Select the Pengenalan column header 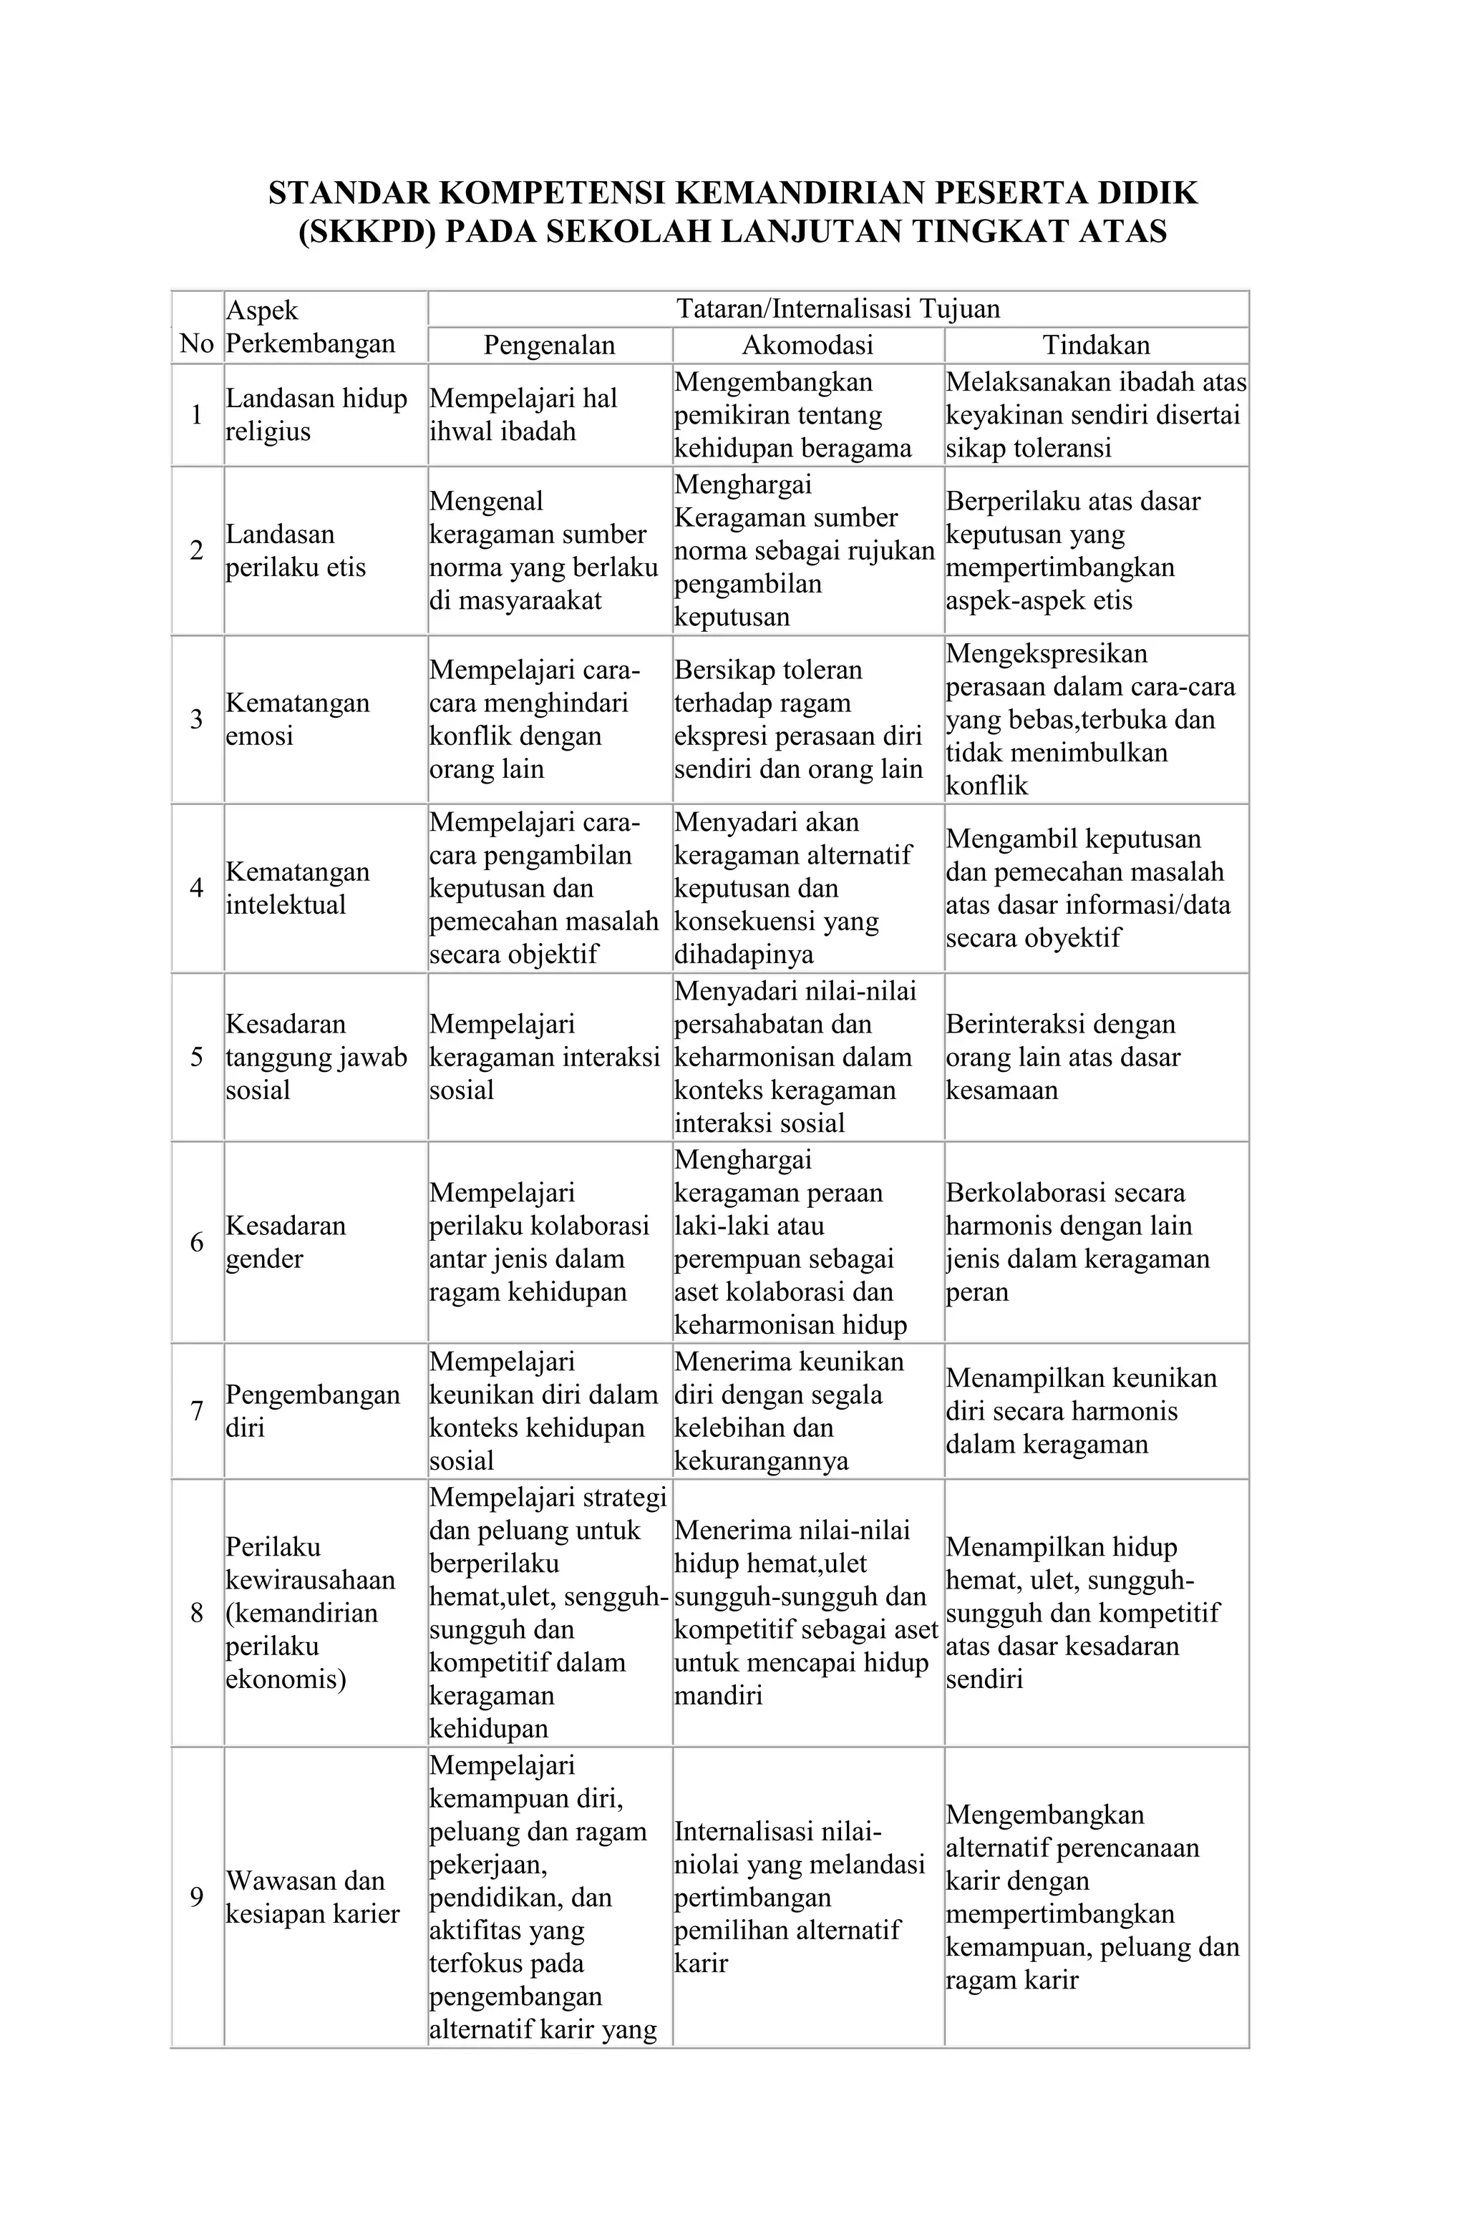point(550,345)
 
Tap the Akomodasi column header point(807,345)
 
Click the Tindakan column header point(1096,345)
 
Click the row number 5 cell point(197,1058)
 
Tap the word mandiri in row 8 point(718,1695)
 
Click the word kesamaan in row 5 point(1002,1091)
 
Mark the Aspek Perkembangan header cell point(311,326)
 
